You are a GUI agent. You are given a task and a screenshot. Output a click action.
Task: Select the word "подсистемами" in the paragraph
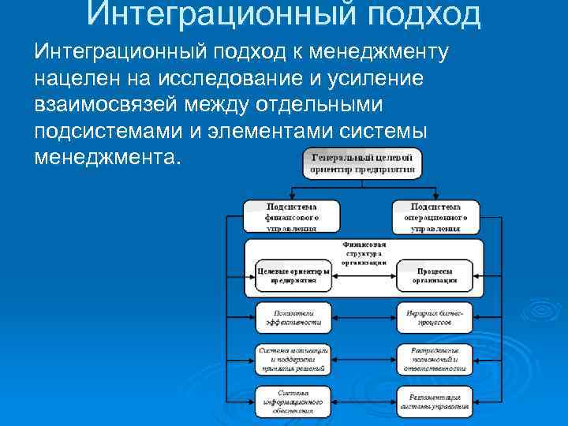click(110, 130)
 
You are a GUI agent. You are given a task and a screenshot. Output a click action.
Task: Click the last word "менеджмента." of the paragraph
click(107, 156)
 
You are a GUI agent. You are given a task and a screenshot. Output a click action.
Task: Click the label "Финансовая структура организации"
click(364, 254)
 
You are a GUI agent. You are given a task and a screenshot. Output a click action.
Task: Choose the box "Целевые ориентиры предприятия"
click(293, 275)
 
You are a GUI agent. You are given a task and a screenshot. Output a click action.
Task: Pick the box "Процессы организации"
click(435, 275)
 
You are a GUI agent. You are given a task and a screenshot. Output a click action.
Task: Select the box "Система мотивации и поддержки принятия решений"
click(293, 359)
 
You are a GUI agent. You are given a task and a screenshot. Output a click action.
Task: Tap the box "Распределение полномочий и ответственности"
click(435, 359)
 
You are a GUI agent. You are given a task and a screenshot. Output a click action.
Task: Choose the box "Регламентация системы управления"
click(435, 401)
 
